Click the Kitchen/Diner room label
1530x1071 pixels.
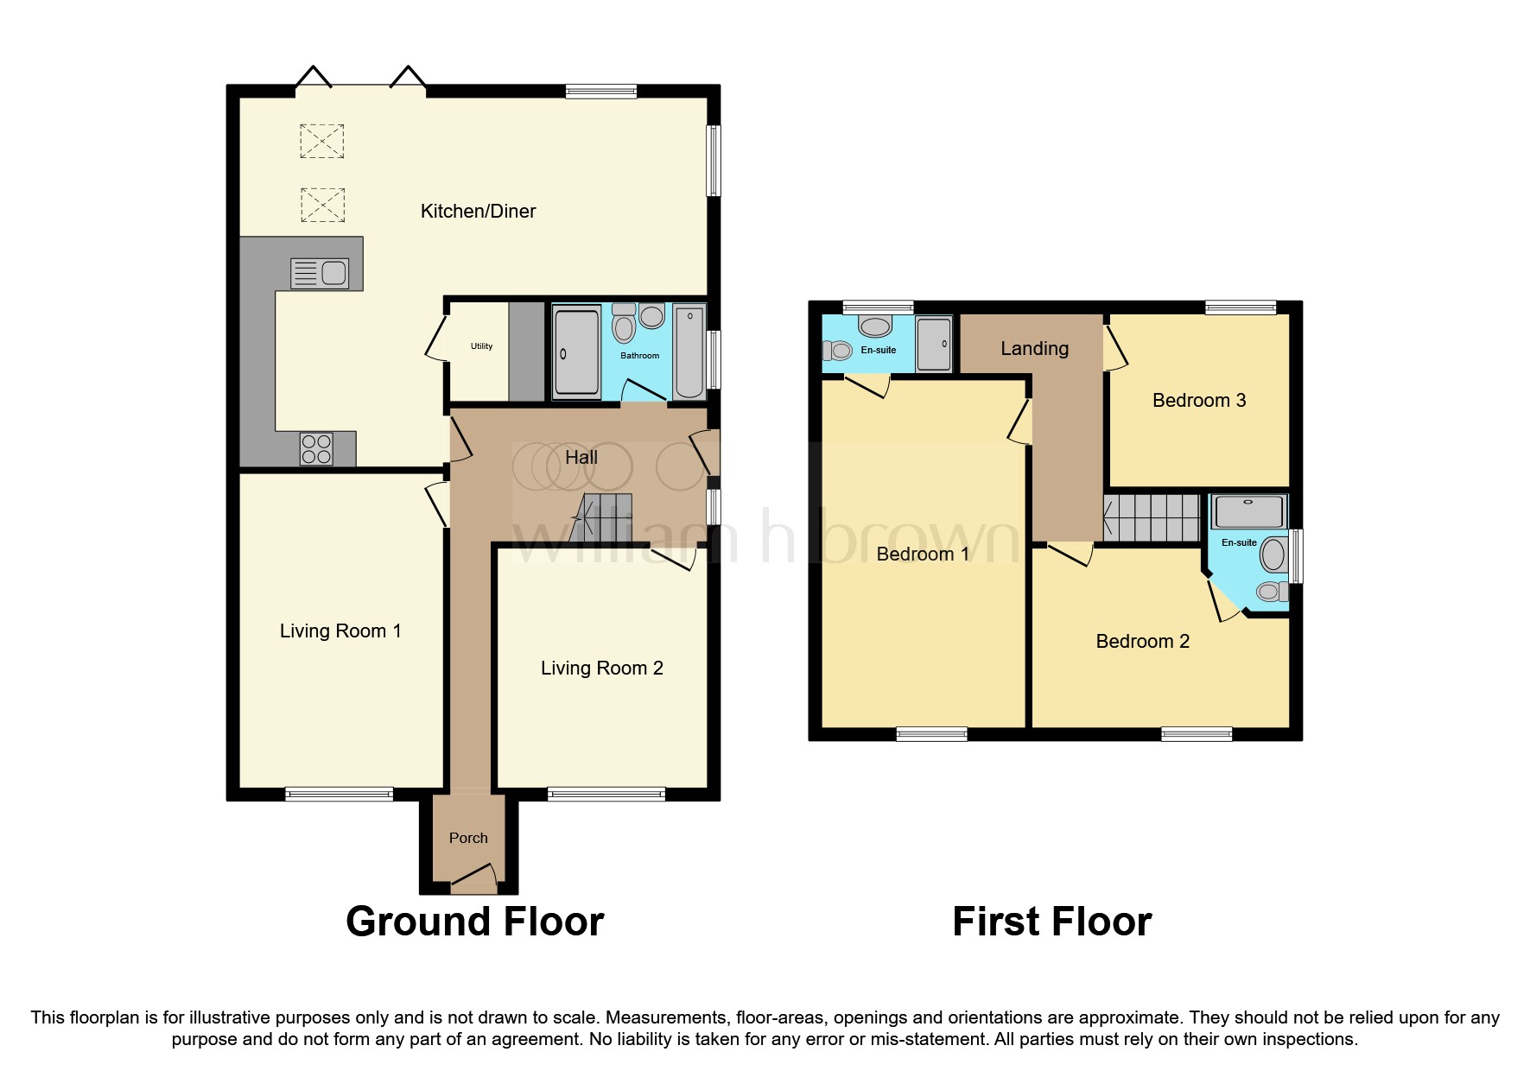pyautogui.click(x=478, y=211)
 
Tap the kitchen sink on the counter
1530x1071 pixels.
pyautogui.click(x=321, y=274)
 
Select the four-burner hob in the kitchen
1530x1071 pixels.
pyautogui.click(x=316, y=449)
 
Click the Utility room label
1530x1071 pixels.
pyautogui.click(x=481, y=346)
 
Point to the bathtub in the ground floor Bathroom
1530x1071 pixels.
pyautogui.click(x=689, y=352)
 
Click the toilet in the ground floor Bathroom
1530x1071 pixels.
pyautogui.click(x=623, y=326)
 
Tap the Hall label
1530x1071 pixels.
pyautogui.click(x=581, y=457)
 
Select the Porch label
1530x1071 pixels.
pyautogui.click(x=468, y=838)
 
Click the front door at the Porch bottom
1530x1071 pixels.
pyautogui.click(x=473, y=881)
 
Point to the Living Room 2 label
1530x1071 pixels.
pyautogui.click(x=601, y=668)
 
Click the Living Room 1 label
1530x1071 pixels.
pyautogui.click(x=340, y=631)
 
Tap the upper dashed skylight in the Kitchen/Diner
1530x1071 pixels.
pyautogui.click(x=321, y=141)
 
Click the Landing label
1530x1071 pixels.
pyautogui.click(x=1034, y=348)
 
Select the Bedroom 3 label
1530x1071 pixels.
pyautogui.click(x=1198, y=400)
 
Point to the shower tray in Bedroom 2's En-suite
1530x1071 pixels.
pyautogui.click(x=1249, y=511)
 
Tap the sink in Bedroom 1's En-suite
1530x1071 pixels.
pyautogui.click(x=876, y=326)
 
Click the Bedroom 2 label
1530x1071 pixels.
pyautogui.click(x=1142, y=641)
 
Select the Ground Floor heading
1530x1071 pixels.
pyautogui.click(x=474, y=922)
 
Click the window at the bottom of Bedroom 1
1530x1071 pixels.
pyautogui.click(x=931, y=735)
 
